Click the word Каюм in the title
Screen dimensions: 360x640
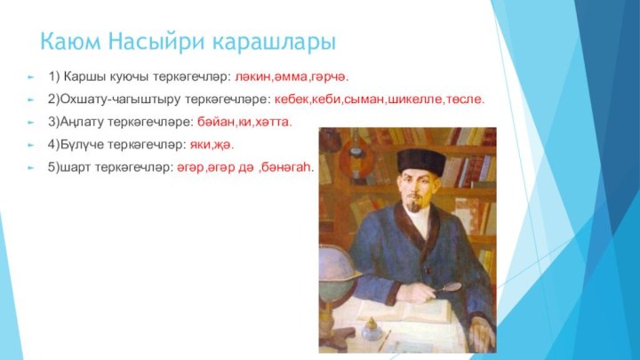point(69,42)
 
